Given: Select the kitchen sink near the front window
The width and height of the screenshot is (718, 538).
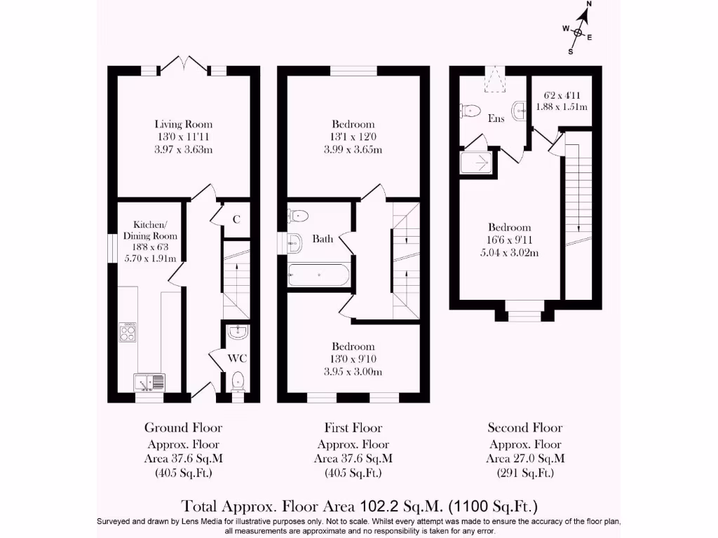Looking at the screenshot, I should [x=149, y=382].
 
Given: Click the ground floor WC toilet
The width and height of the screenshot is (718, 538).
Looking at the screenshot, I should [x=238, y=380].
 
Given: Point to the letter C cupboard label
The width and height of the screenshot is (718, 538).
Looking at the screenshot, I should [x=236, y=219].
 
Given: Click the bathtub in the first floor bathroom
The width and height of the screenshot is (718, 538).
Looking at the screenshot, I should [x=319, y=275].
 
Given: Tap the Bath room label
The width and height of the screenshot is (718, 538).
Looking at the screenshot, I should [x=323, y=239].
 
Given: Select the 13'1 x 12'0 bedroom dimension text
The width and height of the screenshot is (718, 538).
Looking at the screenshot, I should [x=354, y=137].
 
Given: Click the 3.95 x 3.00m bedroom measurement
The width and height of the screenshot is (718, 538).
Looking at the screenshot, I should [x=353, y=372].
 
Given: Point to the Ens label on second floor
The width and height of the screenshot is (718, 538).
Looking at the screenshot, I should [x=496, y=118].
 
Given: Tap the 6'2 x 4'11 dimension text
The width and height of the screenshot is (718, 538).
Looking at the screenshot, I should [x=566, y=95].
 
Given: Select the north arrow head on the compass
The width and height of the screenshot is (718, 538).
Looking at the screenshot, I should [x=585, y=15].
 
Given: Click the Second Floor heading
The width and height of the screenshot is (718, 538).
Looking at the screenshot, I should [x=525, y=427].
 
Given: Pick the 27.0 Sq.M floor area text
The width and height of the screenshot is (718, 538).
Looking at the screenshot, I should [x=525, y=459].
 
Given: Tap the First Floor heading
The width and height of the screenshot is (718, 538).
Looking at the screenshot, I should [x=353, y=427].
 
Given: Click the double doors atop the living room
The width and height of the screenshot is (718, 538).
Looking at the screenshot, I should [x=184, y=64].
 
